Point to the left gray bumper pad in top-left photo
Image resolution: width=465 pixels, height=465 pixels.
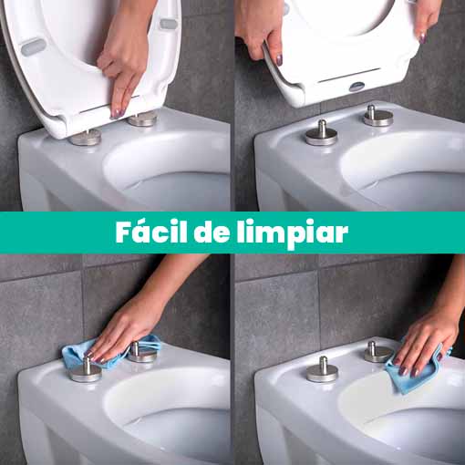coord(33,46)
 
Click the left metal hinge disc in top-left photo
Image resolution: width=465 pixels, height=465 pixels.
coord(86,137)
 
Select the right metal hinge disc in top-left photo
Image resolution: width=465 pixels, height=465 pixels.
coord(142,119)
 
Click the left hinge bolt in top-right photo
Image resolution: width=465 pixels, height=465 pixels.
coord(321,133)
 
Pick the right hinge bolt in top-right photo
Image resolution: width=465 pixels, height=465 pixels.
coord(377,116)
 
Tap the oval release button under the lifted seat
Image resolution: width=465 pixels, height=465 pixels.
coord(356,87)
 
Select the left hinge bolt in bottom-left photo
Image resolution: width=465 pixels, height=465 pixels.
coord(85,369)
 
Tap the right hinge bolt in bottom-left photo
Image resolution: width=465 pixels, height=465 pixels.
coord(139,352)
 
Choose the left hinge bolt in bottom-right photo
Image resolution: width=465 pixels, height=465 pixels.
coord(322,368)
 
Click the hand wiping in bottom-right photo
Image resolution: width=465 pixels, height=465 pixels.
coord(427,337)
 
